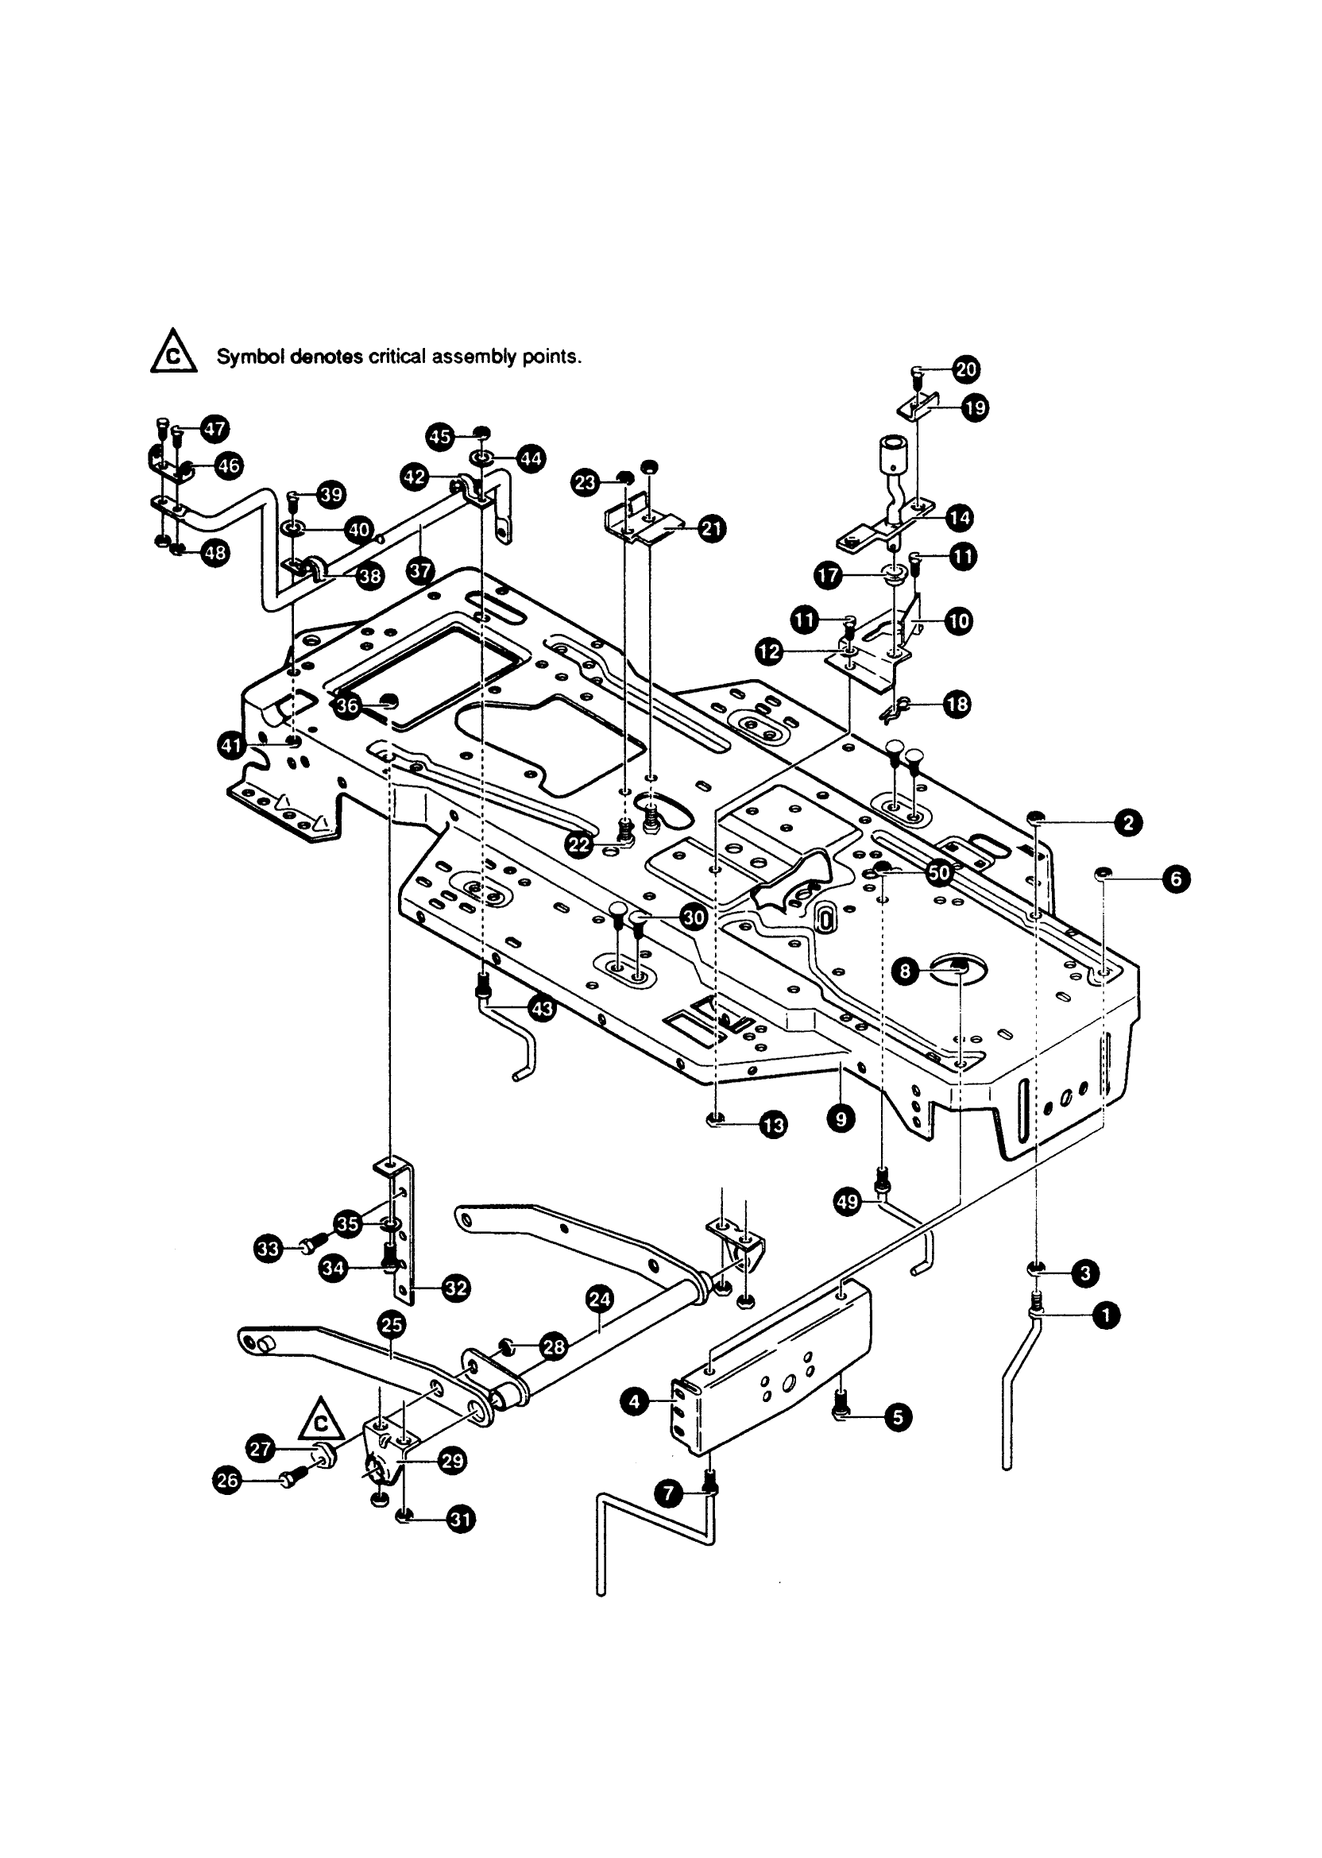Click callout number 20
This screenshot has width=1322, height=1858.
pyautogui.click(x=966, y=369)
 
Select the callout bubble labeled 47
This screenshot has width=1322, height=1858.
pyautogui.click(x=215, y=429)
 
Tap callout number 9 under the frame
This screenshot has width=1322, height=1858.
pyautogui.click(x=841, y=1120)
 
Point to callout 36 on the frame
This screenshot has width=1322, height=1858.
pyautogui.click(x=348, y=705)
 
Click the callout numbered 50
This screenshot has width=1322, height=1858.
pyautogui.click(x=939, y=872)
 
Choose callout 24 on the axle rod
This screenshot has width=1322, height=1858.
pyautogui.click(x=600, y=1299)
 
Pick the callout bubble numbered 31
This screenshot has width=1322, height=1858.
pyautogui.click(x=462, y=1519)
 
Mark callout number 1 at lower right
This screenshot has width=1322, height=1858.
pyautogui.click(x=1105, y=1315)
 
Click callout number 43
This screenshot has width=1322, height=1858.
pyautogui.click(x=541, y=1009)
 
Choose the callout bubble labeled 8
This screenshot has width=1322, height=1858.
pyautogui.click(x=906, y=970)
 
